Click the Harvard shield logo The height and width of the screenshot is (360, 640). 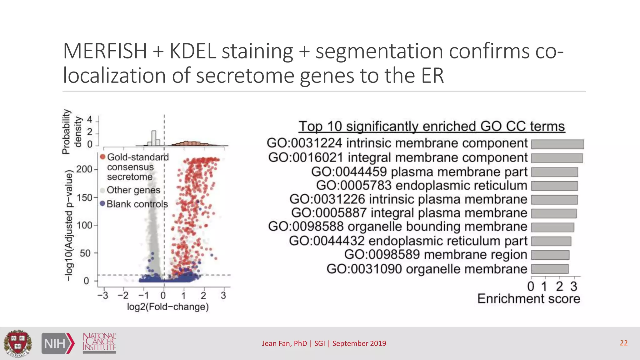click(17, 343)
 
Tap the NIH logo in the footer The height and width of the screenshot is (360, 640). click(58, 343)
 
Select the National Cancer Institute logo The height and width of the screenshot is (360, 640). click(99, 343)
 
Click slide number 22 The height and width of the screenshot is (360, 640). click(623, 343)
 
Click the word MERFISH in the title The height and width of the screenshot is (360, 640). click(105, 51)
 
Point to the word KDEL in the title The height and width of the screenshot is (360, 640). click(193, 51)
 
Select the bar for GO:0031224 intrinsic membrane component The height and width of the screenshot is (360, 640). click(557, 144)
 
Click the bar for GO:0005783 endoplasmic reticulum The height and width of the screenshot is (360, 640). click(554, 186)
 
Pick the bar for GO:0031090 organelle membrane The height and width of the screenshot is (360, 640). click(549, 269)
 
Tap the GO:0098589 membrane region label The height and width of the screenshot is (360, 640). click(436, 255)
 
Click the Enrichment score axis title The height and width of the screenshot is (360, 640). click(528, 299)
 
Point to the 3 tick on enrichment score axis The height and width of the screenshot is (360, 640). click(574, 286)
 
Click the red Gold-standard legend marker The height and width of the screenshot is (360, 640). click(102, 157)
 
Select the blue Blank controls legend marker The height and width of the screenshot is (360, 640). click(102, 204)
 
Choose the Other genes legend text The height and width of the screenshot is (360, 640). click(133, 190)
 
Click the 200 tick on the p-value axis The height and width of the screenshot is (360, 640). click(84, 169)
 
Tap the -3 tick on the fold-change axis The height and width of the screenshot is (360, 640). click(103, 295)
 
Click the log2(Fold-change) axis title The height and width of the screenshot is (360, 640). click(168, 307)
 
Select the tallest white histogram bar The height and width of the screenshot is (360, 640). click(154, 138)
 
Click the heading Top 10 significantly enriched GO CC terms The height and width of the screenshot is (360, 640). click(432, 127)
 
